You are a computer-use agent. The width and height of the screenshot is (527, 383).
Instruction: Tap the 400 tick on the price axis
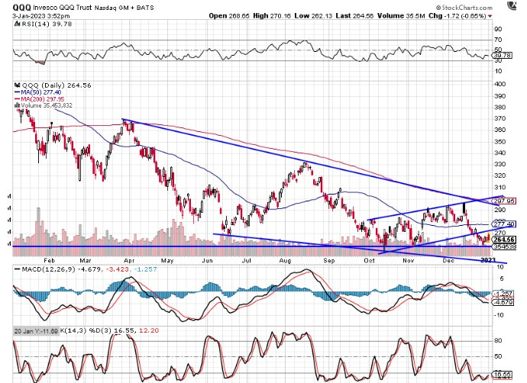499,83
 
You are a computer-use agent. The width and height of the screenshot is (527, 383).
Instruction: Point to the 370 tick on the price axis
499,118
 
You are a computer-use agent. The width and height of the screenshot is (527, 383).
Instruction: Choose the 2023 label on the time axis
487,261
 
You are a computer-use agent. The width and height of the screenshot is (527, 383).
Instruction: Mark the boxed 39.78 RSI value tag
502,55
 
